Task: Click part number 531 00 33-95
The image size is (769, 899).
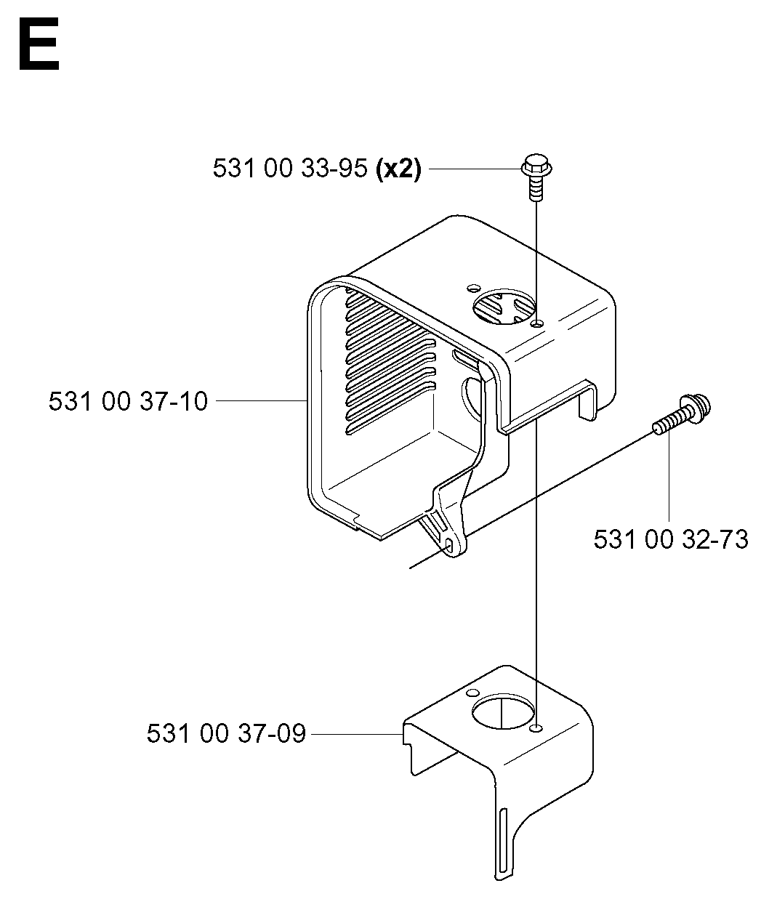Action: click(290, 169)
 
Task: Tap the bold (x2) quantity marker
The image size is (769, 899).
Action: click(398, 169)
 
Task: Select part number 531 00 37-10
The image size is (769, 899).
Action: click(128, 401)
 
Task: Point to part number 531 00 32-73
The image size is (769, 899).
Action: click(671, 539)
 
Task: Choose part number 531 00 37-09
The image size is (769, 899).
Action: click(226, 734)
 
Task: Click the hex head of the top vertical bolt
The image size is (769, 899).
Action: click(536, 164)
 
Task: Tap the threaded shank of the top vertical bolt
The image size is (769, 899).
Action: click(536, 188)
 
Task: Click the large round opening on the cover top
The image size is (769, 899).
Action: click(504, 306)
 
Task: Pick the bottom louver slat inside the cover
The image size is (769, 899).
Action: click(390, 420)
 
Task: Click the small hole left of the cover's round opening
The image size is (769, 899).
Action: click(473, 288)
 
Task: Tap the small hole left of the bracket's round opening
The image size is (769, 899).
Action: click(472, 693)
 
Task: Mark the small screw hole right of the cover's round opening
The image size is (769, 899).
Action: click(538, 323)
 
